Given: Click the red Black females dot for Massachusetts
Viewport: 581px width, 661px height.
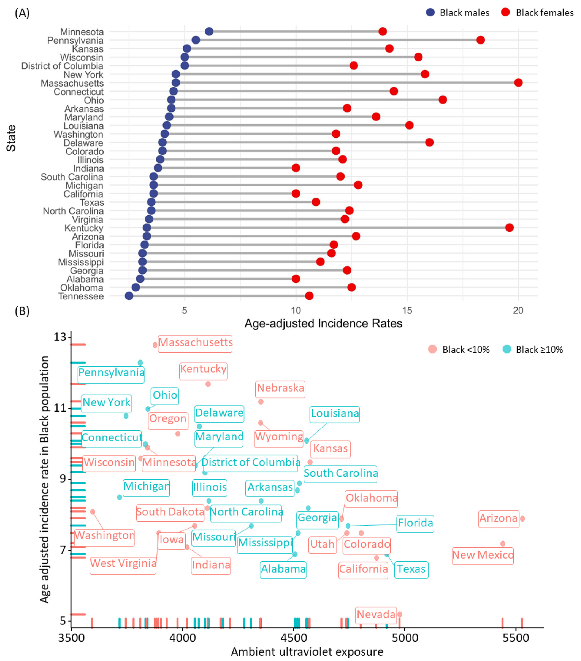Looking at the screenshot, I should (x=518, y=83).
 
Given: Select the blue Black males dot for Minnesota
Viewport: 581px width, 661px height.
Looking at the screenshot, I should (x=209, y=31).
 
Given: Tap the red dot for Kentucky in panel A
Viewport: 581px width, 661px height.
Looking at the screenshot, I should (x=509, y=228).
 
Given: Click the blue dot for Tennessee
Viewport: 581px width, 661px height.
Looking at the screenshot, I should (x=129, y=296).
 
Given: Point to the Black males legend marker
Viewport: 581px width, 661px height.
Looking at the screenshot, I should (x=430, y=12).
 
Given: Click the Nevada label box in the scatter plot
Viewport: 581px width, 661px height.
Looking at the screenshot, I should (x=376, y=614).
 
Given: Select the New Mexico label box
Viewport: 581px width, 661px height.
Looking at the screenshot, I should (x=483, y=555).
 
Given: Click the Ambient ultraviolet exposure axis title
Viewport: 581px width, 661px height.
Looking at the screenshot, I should (x=307, y=652).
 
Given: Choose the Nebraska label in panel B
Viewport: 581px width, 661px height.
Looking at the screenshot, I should (x=280, y=388).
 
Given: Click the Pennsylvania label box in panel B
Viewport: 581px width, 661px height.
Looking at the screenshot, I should (x=111, y=373).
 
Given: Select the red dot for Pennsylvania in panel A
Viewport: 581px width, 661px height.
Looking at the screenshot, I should (x=480, y=40).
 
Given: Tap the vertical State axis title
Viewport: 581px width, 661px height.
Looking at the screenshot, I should (x=11, y=138).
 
